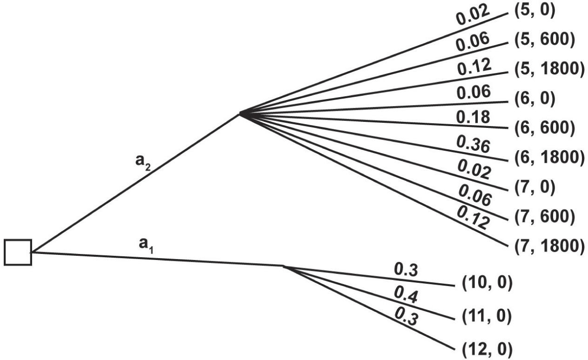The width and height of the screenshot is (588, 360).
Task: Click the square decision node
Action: click(x=18, y=252)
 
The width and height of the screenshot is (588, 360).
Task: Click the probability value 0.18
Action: click(x=473, y=117)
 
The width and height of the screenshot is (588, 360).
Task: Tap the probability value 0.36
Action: click(x=473, y=146)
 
